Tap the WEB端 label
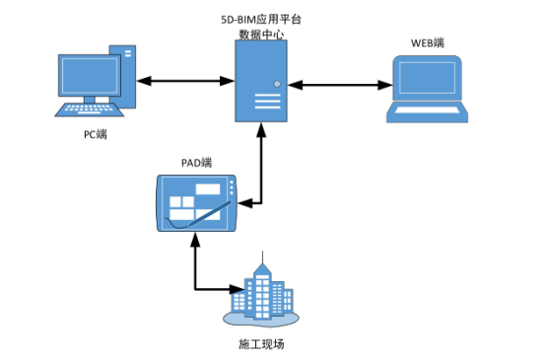[x=427, y=43]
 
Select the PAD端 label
[x=196, y=162]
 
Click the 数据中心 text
[x=260, y=34]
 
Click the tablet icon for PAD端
[x=197, y=203]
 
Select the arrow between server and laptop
[x=336, y=86]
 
